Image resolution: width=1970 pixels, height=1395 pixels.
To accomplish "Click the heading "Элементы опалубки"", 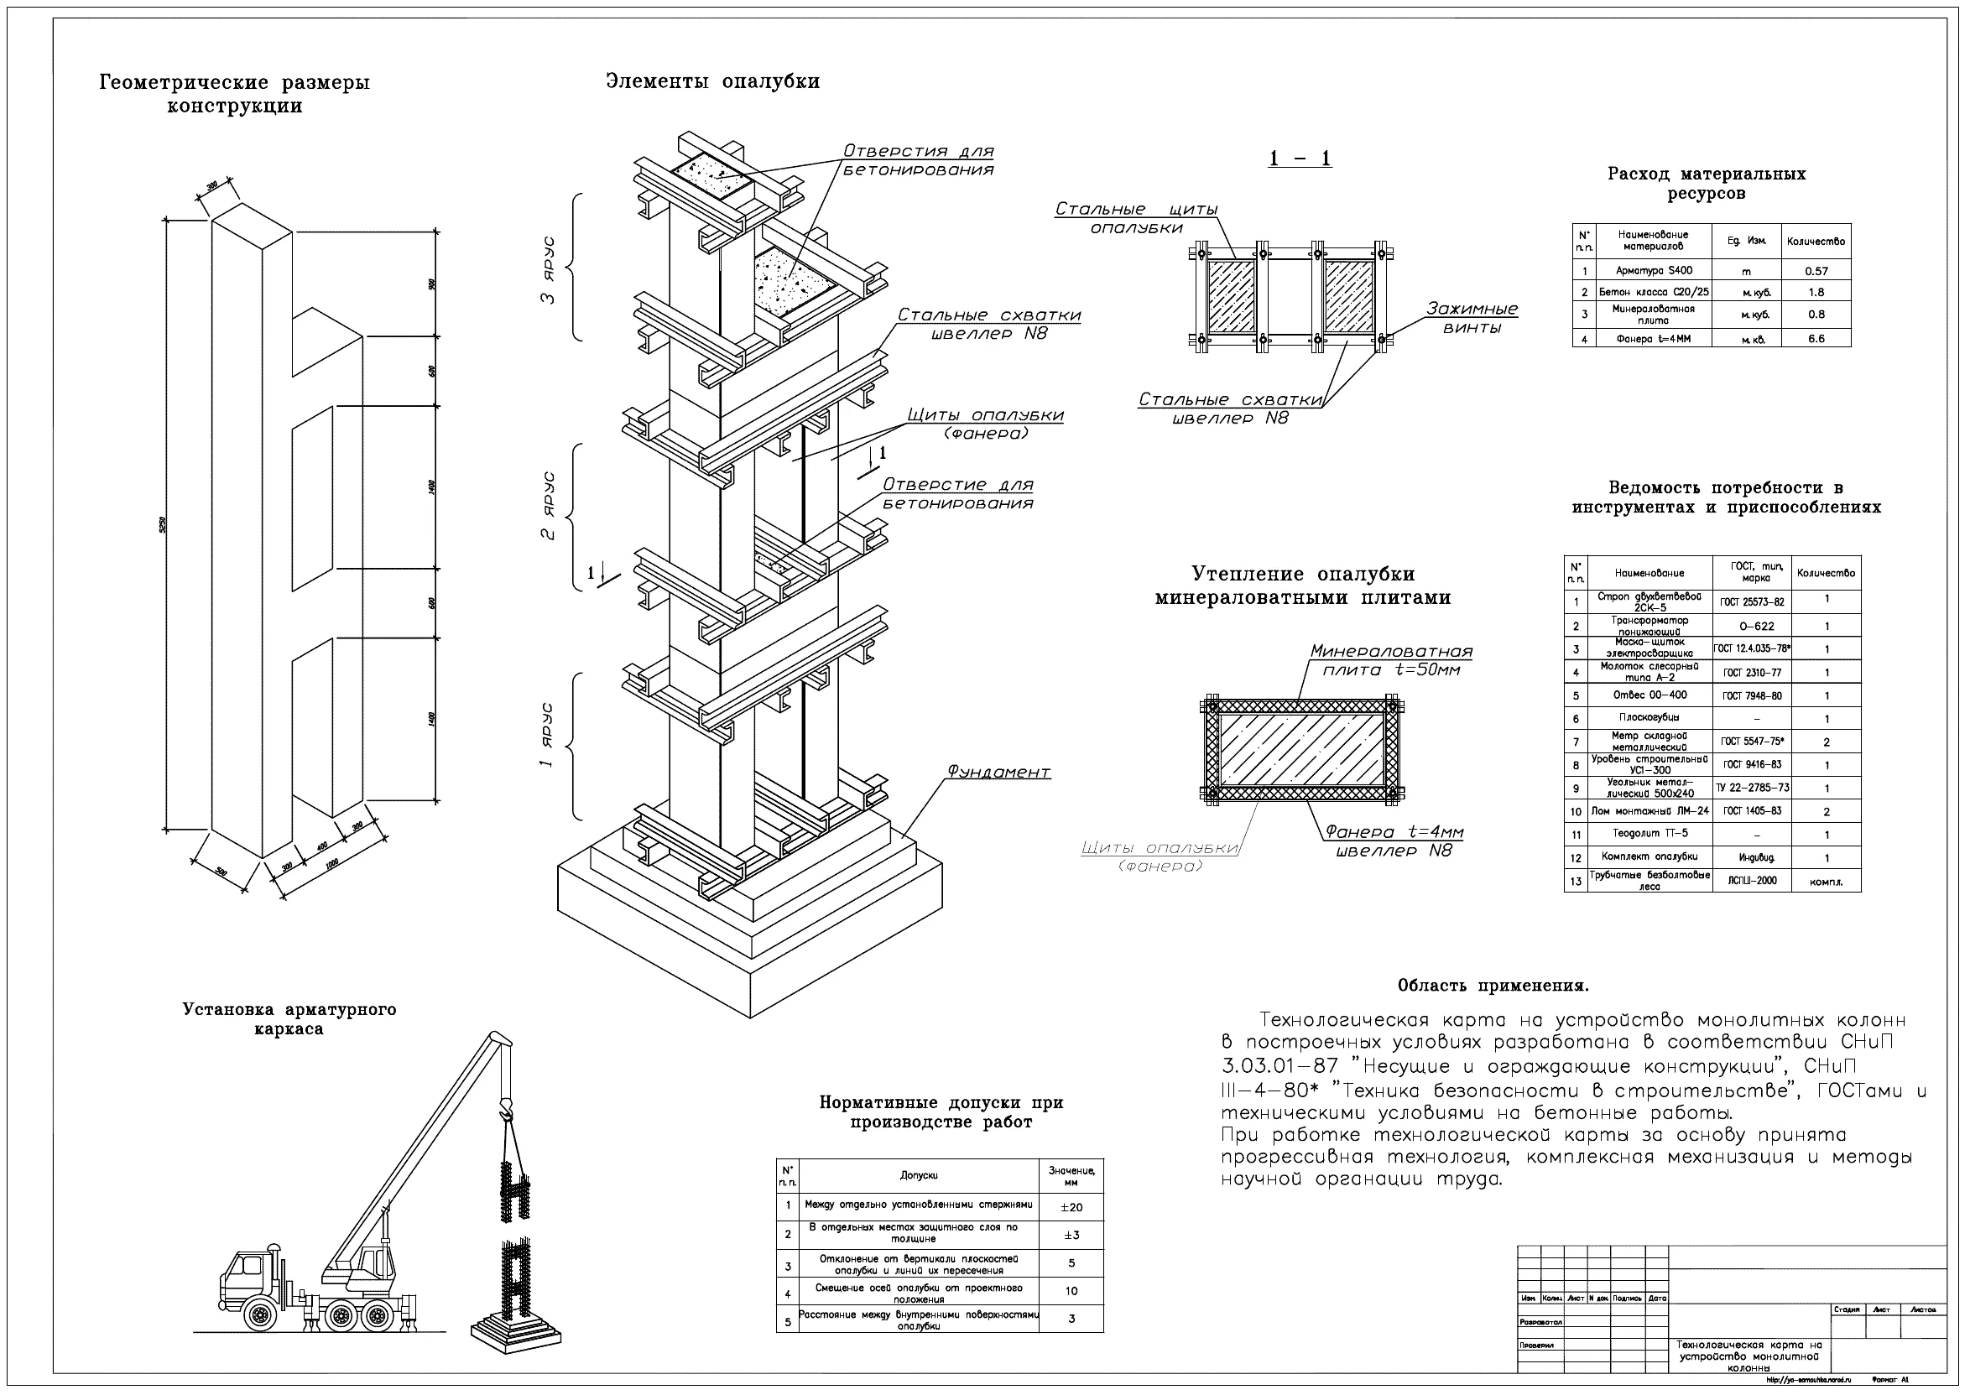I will [x=712, y=81].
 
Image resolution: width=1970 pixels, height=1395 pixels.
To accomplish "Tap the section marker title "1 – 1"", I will [x=1300, y=159].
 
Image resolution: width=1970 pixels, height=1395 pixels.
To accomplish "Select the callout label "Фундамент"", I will [x=998, y=773].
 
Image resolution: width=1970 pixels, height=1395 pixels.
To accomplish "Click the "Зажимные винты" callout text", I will [x=1472, y=318].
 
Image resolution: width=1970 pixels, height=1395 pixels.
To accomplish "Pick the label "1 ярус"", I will [x=547, y=736].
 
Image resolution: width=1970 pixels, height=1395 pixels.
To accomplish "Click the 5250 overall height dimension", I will [x=162, y=523].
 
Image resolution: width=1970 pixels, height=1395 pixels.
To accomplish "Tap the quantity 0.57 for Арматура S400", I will [x=1816, y=272].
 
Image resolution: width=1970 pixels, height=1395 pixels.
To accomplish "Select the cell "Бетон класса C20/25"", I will [x=1654, y=292].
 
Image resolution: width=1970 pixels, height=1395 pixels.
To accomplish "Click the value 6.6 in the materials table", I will [x=1816, y=339].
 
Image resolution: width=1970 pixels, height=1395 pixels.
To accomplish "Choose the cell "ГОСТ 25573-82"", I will [x=1752, y=602].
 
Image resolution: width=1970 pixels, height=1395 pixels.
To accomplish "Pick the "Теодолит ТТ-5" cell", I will [x=1649, y=834].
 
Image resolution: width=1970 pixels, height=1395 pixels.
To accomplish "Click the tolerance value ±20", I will [x=1071, y=1207].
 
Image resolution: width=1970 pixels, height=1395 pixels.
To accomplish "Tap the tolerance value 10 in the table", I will [x=1071, y=1290].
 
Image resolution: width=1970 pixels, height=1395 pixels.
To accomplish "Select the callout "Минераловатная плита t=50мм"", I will [x=1391, y=660].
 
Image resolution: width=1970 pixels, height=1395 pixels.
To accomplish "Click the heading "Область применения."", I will [x=1493, y=986].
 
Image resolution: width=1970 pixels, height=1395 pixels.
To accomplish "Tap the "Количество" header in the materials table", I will [x=1816, y=242].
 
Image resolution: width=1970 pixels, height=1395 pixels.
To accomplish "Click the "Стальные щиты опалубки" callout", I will [x=1136, y=218].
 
